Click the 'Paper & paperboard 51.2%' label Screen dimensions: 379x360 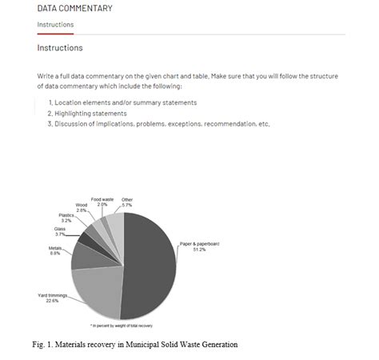coord(197,246)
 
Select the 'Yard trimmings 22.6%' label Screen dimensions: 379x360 coord(52,298)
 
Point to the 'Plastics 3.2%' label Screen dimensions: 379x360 coord(66,217)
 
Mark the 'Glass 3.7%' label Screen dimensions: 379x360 coord(60,231)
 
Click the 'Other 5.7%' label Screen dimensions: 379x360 coord(127,202)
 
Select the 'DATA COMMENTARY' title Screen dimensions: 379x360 coord(74,9)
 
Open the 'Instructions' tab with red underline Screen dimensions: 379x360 coord(55,25)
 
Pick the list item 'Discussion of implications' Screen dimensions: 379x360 coord(159,123)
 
